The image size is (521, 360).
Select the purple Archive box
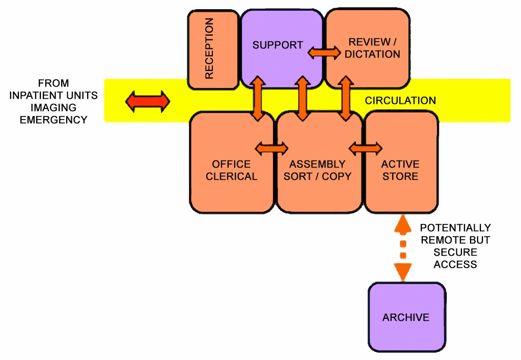(x=406, y=317)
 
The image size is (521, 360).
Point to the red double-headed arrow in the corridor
(x=148, y=101)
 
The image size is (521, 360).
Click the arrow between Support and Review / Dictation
(x=324, y=52)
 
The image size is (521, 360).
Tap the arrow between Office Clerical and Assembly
(x=271, y=148)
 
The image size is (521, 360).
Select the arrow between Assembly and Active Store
(x=366, y=148)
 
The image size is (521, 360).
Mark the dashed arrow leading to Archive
(x=403, y=248)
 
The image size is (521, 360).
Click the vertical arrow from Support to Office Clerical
(x=258, y=99)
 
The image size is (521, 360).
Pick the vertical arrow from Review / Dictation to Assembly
(x=346, y=99)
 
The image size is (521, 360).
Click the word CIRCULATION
(x=400, y=101)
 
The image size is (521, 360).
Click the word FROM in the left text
(x=53, y=83)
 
